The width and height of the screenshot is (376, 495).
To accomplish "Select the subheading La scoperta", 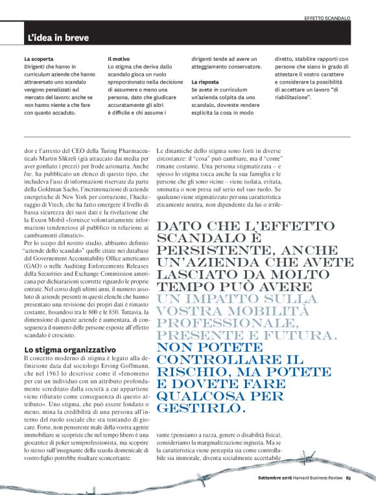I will (x=39, y=59).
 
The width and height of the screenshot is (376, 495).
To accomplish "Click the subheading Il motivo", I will (x=118, y=59).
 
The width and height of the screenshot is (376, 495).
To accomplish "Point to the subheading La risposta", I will (x=205, y=83).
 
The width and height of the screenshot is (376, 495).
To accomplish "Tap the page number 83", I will (x=347, y=479).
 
